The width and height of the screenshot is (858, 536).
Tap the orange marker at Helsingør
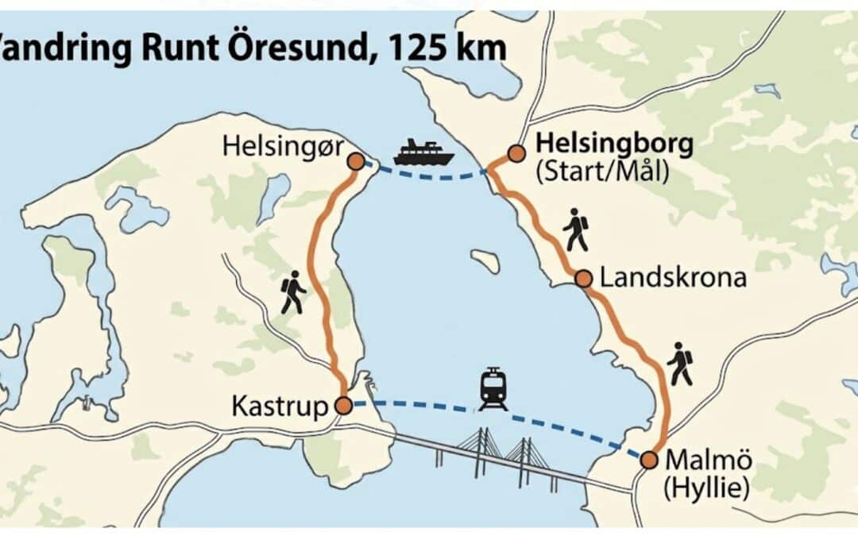pyautogui.click(x=356, y=161)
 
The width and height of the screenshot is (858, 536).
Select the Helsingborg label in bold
pyautogui.click(x=615, y=145)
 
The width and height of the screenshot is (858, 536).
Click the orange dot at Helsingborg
pyautogui.click(x=516, y=153)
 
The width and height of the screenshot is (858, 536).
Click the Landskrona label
pyautogui.click(x=673, y=279)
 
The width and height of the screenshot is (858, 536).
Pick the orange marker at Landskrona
pyautogui.click(x=583, y=279)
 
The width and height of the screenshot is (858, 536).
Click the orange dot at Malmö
pyautogui.click(x=649, y=460)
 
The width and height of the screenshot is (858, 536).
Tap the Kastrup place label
pyautogui.click(x=279, y=407)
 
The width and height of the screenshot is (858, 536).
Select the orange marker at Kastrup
pyautogui.click(x=343, y=406)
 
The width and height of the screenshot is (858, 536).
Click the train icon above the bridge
pyautogui.click(x=493, y=389)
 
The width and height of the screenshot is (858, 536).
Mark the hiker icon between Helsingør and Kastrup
pyautogui.click(x=292, y=291)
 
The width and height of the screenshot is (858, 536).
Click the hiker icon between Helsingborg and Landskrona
pyautogui.click(x=575, y=229)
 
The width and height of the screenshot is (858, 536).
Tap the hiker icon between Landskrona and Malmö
pyautogui.click(x=679, y=364)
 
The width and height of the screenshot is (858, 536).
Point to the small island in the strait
pyautogui.click(x=485, y=261)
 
